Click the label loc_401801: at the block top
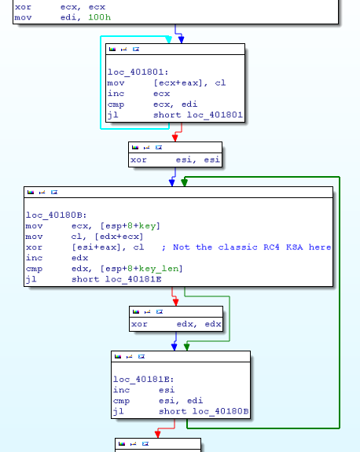(138, 72)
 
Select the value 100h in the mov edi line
(100, 17)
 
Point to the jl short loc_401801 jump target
(215, 115)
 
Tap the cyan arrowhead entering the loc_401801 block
(169, 40)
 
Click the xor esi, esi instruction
(175, 160)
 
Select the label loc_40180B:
(57, 215)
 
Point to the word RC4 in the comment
(271, 248)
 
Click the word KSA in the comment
(294, 248)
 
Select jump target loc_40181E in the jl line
(133, 279)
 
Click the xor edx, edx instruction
(176, 324)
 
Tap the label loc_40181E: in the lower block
(144, 380)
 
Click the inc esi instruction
(144, 390)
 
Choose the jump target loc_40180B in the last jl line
(221, 411)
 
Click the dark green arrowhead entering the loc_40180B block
(185, 182)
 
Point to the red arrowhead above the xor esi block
(175, 138)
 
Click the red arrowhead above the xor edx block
(175, 303)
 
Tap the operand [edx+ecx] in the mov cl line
(119, 237)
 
